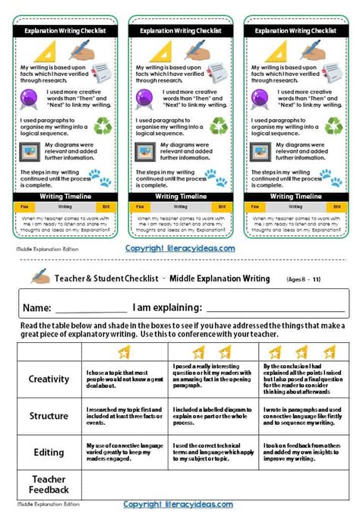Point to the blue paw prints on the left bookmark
click(x=100, y=178)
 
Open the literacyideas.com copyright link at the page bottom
click(x=179, y=504)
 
